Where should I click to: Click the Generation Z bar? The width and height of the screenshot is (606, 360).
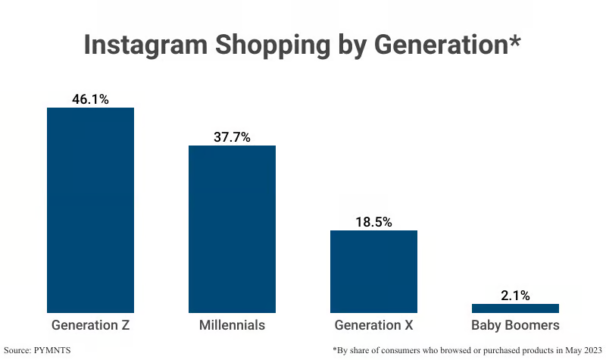[x=90, y=210]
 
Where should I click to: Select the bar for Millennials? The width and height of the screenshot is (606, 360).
[x=232, y=229]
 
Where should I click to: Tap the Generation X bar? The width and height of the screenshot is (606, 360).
[x=373, y=271]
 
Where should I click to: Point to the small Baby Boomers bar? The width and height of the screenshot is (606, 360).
[x=515, y=308]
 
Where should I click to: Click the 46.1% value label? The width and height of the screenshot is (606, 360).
[x=90, y=99]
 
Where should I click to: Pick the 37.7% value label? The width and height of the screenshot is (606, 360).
[x=232, y=137]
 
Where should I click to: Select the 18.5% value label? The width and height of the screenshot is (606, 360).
[x=373, y=222]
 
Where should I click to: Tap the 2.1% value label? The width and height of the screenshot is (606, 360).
[x=515, y=296]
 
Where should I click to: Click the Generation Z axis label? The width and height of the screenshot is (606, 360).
[x=90, y=326]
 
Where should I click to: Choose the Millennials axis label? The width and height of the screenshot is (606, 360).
[x=232, y=326]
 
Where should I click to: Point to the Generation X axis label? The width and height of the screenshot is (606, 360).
[x=373, y=326]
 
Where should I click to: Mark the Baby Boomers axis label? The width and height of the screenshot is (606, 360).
[x=515, y=326]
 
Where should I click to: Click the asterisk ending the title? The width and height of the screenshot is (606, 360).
[x=514, y=39]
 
